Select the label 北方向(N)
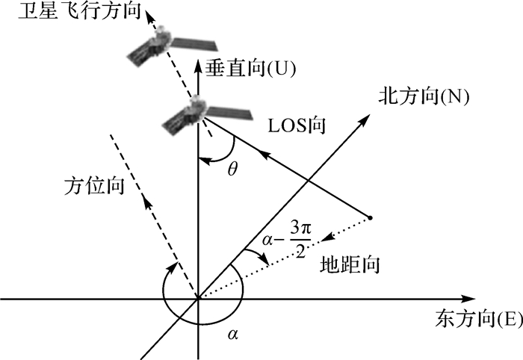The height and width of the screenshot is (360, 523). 423,96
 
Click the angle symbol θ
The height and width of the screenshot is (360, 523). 232,170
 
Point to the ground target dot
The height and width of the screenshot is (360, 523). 370,218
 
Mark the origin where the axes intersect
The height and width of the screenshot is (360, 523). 198,300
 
